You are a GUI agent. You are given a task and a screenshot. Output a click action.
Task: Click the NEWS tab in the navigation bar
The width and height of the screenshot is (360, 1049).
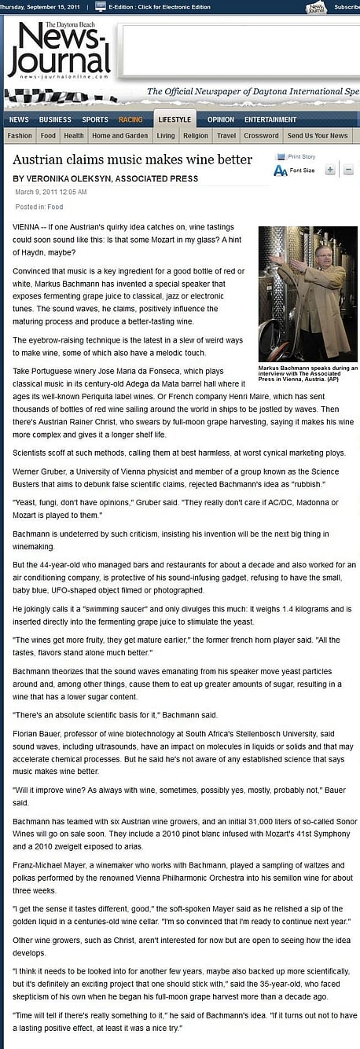pyautogui.click(x=19, y=119)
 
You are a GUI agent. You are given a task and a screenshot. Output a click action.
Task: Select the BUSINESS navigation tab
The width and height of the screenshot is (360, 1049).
pyautogui.click(x=55, y=119)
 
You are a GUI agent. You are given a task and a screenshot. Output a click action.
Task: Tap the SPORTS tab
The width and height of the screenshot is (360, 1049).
pyautogui.click(x=95, y=119)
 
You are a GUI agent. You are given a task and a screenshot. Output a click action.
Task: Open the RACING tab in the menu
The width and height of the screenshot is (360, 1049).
pyautogui.click(x=130, y=119)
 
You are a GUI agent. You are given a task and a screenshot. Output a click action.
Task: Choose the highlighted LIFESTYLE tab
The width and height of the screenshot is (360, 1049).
pyautogui.click(x=174, y=119)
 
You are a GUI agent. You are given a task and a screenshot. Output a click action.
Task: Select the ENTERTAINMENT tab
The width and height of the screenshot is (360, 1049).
pyautogui.click(x=270, y=119)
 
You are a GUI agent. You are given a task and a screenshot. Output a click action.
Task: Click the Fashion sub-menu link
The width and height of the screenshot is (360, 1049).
pyautogui.click(x=20, y=136)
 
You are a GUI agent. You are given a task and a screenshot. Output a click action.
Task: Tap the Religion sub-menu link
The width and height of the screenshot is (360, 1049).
pyautogui.click(x=196, y=136)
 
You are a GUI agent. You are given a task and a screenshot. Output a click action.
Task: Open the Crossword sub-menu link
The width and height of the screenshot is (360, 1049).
pyautogui.click(x=261, y=136)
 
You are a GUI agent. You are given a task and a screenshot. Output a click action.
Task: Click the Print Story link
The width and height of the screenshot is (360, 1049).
pyautogui.click(x=301, y=157)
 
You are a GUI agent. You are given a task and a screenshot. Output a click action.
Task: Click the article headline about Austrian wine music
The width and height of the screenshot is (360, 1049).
pyautogui.click(x=132, y=160)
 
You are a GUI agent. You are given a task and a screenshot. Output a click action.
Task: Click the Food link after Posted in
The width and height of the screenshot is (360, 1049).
pyautogui.click(x=55, y=207)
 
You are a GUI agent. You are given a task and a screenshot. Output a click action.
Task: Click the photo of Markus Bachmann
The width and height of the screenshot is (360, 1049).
pyautogui.click(x=308, y=294)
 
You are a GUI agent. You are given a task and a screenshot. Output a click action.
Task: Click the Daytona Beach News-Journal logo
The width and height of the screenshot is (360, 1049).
pyautogui.click(x=59, y=50)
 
